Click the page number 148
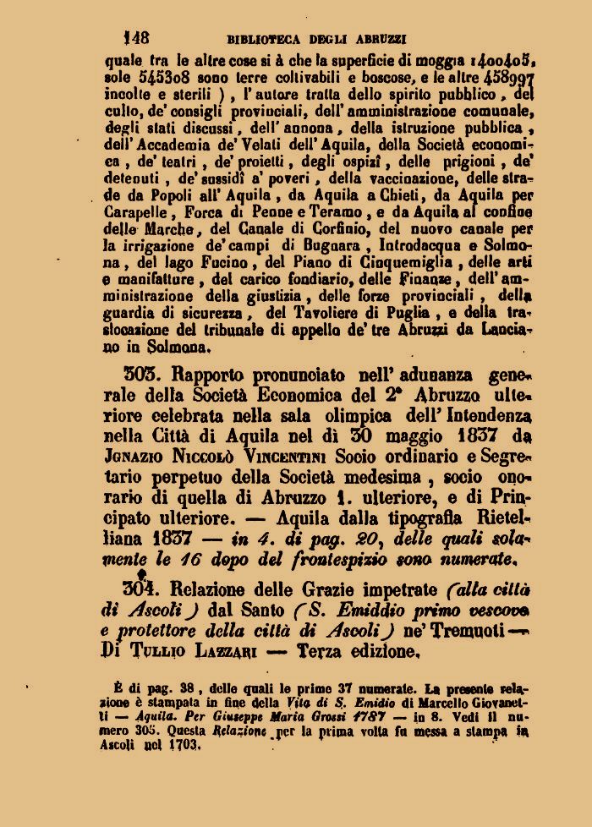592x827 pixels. point(137,37)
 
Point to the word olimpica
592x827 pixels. point(334,416)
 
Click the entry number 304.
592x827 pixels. point(140,589)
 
